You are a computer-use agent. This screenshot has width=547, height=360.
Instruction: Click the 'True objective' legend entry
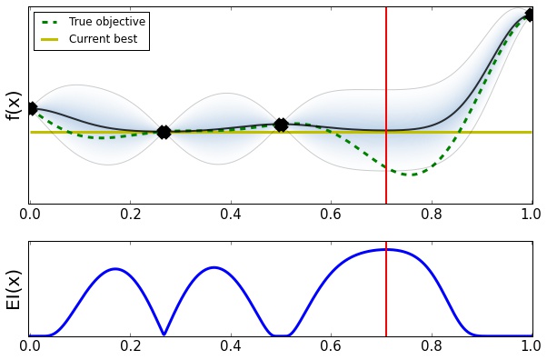[107, 22]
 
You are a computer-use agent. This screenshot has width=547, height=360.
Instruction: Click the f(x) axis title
[14, 105]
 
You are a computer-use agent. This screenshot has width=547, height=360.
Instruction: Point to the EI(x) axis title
[14, 289]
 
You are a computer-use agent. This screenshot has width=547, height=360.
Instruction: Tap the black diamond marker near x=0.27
[164, 132]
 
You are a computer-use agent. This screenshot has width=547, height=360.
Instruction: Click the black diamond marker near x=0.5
[281, 125]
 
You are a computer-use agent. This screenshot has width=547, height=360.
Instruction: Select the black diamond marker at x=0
[32, 108]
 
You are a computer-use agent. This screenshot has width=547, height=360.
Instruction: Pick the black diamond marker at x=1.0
[531, 14]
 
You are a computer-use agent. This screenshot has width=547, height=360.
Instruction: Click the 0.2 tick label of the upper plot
[130, 215]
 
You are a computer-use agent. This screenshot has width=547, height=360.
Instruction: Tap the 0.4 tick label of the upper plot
[231, 215]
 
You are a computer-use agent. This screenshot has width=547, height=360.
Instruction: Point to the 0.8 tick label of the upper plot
[432, 215]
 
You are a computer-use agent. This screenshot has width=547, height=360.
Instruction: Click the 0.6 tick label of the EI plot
[331, 346]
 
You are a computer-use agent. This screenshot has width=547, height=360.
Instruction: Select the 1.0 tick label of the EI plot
[532, 346]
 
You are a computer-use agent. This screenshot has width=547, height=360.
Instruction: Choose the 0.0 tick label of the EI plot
[30, 346]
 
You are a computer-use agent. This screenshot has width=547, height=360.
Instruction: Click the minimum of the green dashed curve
[411, 174]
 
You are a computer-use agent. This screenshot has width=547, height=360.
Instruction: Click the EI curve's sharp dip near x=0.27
[164, 334]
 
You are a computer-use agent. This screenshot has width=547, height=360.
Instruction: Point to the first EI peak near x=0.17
[115, 269]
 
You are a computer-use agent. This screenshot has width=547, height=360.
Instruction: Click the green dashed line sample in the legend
[51, 22]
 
